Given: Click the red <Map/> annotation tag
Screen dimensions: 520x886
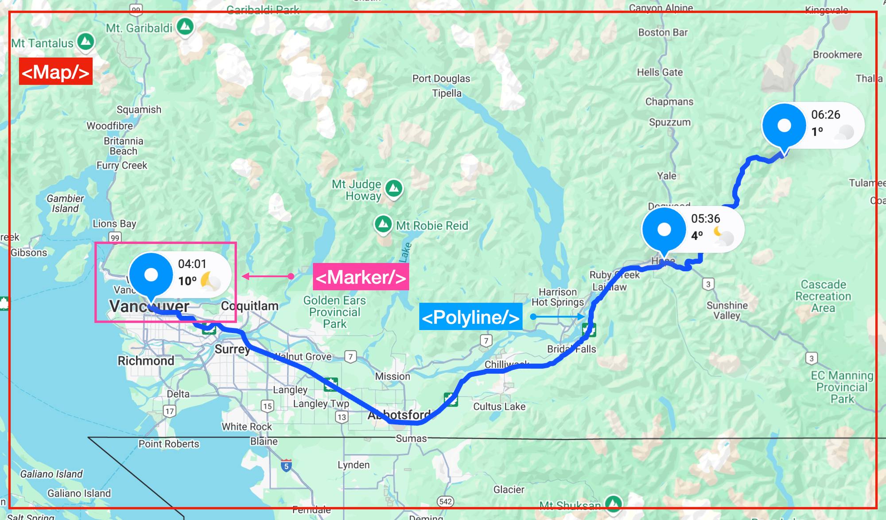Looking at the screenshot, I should click(x=55, y=71).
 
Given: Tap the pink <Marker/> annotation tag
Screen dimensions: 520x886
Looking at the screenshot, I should click(x=361, y=277).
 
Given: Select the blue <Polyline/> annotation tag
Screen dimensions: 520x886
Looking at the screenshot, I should click(x=470, y=317).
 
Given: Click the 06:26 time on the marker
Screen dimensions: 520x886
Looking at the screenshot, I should click(x=825, y=115).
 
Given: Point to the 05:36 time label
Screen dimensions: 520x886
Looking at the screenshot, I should click(x=705, y=219).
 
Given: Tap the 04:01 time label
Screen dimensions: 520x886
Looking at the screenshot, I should click(x=192, y=264).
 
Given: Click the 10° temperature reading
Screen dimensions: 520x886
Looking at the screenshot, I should click(x=187, y=281).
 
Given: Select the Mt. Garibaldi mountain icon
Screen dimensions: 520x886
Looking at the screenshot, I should click(x=185, y=27).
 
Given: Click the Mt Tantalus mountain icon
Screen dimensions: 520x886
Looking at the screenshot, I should click(x=85, y=42).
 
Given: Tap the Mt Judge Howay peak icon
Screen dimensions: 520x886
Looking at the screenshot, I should click(x=393, y=188).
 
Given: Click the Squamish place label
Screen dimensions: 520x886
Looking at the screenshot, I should click(x=139, y=110).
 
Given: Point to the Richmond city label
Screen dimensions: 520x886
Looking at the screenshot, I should click(x=146, y=361).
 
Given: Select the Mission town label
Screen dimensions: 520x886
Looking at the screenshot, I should click(x=392, y=376).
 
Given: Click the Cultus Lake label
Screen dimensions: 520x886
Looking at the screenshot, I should click(x=499, y=407).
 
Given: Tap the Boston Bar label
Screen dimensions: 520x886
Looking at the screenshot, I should click(x=663, y=33).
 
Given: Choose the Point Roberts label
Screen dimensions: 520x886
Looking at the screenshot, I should click(x=169, y=444).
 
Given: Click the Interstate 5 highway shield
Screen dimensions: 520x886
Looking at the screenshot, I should click(x=286, y=466).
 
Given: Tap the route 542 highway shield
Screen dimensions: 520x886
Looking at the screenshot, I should click(x=445, y=501).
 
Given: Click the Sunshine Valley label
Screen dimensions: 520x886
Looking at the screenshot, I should click(x=727, y=310).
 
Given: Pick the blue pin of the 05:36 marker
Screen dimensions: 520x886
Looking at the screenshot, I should click(x=664, y=230).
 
